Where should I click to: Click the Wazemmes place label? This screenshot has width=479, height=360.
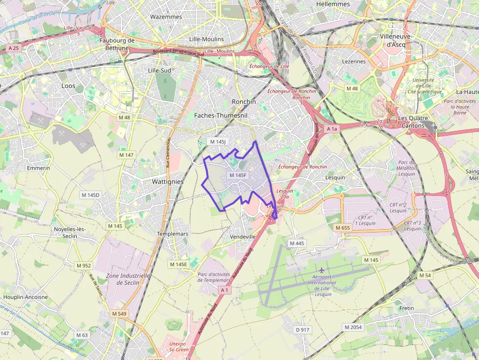click(166, 17)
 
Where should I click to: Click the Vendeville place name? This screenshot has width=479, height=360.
click(243, 236)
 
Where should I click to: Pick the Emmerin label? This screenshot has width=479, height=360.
click(39, 168)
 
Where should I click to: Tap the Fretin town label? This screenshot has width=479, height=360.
click(406, 308)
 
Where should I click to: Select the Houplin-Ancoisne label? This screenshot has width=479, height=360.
click(25, 297)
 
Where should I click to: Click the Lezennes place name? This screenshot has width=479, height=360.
click(354, 62)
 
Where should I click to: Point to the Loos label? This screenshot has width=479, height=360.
click(68, 85)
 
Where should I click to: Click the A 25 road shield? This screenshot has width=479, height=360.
click(13, 48)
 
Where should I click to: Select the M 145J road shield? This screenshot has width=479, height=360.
click(218, 142)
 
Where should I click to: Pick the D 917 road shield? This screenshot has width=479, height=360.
click(303, 330)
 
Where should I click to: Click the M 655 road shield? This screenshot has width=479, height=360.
click(343, 228)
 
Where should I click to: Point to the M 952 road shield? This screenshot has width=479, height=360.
click(84, 266)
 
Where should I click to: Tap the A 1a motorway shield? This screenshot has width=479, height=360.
click(332, 128)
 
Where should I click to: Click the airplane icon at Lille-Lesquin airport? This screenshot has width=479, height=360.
click(322, 270)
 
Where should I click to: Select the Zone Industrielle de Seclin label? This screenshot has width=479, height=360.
click(123, 279)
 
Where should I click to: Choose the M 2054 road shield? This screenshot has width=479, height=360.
click(353, 327)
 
